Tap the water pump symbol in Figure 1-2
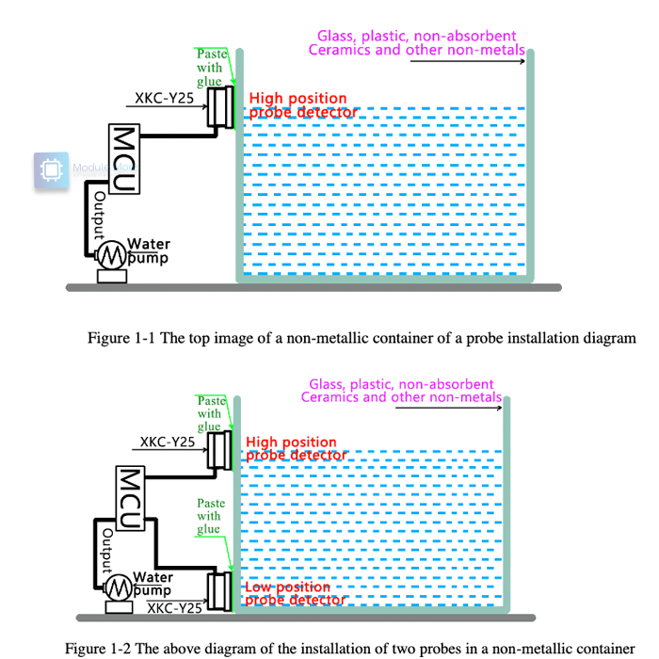(119, 587)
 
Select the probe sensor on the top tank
(221, 105)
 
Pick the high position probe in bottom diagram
(219, 449)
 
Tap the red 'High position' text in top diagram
(297, 99)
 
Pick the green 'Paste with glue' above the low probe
(209, 516)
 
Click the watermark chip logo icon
(51, 170)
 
